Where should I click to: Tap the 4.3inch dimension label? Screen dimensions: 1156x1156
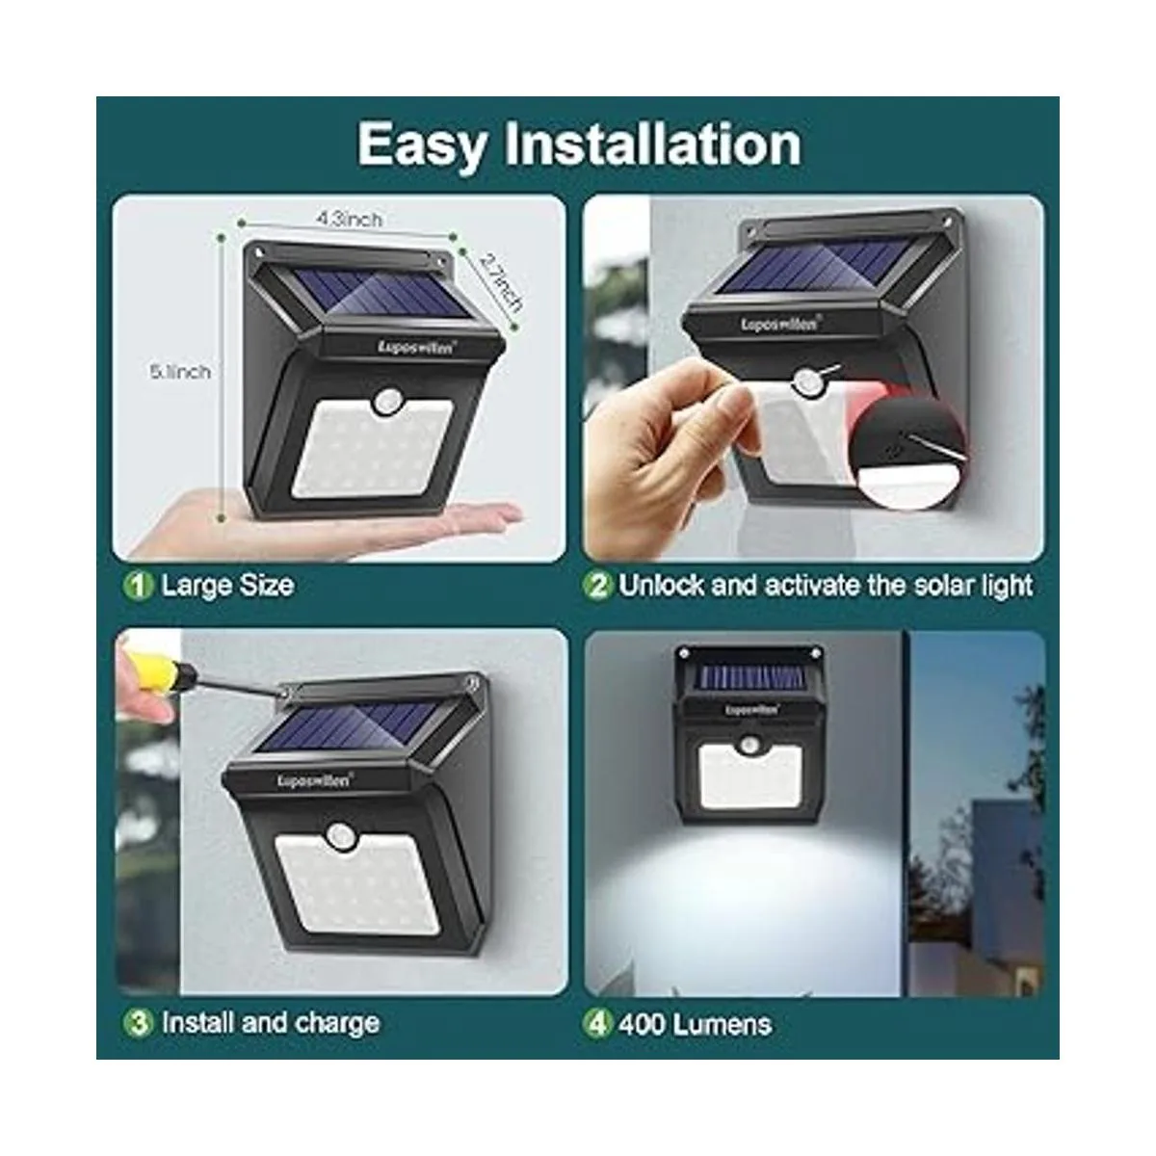click(349, 220)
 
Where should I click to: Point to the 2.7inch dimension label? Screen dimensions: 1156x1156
click(501, 282)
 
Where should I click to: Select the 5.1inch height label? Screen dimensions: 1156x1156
click(179, 371)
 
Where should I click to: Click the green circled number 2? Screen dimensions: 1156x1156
click(598, 586)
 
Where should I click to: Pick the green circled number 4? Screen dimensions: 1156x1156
click(597, 1022)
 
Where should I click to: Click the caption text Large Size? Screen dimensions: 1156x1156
click(227, 586)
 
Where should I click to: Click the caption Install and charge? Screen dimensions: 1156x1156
click(270, 1022)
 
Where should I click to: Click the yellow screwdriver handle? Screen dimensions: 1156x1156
click(144, 669)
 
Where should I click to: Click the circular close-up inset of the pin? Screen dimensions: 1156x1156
click(910, 453)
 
